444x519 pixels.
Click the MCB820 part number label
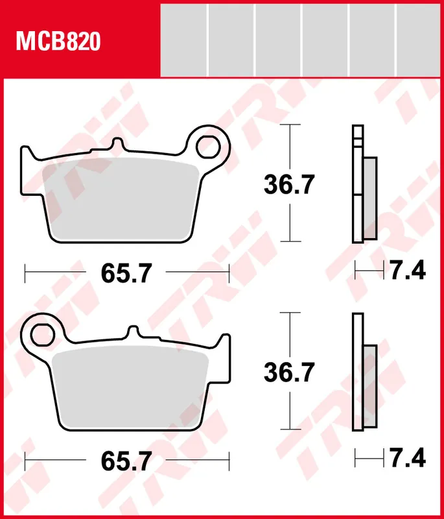pos(58,42)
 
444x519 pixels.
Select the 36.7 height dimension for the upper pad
pos(288,186)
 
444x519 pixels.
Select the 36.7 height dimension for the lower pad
pos(288,372)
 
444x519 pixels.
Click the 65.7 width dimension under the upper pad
pos(126,273)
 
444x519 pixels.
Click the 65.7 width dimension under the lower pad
pos(126,461)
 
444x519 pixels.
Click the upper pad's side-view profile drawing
pos(360,184)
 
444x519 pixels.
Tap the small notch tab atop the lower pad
pos(134,333)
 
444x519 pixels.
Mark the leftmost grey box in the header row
pos(183,39)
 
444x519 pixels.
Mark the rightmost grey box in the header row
pos(418,39)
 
